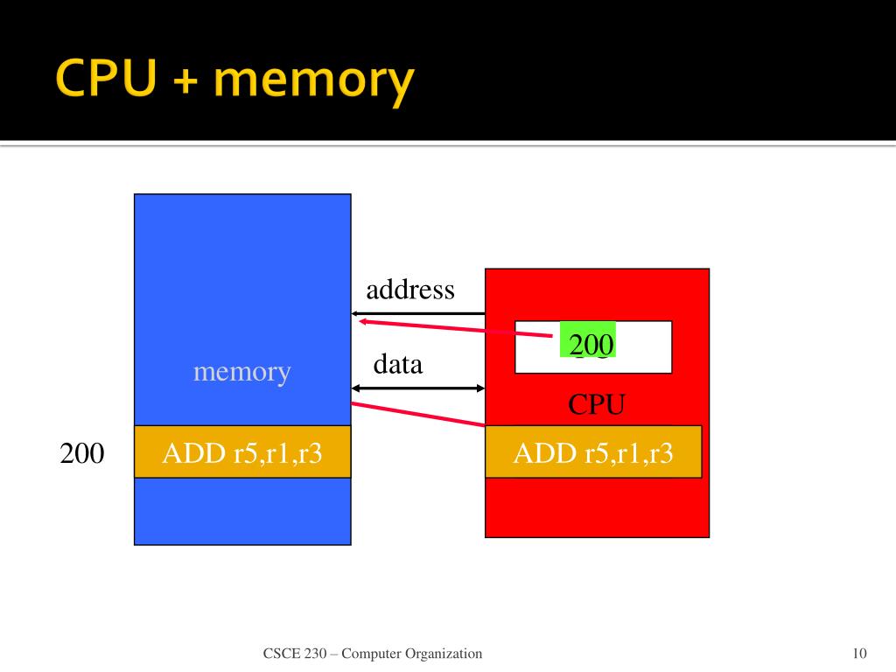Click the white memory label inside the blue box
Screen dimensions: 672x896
pyautogui.click(x=241, y=372)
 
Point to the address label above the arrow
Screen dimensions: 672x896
pyautogui.click(x=410, y=290)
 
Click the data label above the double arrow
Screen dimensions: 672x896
pyautogui.click(x=398, y=364)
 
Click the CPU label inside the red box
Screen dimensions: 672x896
pyautogui.click(x=597, y=404)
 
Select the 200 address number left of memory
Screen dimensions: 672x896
pyautogui.click(x=82, y=453)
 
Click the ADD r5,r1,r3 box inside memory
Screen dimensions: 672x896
pyautogui.click(x=242, y=451)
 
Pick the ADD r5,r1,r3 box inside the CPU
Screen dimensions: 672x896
pyautogui.click(x=593, y=451)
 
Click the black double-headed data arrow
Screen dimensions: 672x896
pyautogui.click(x=418, y=388)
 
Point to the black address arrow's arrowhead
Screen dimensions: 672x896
pyautogui.click(x=356, y=313)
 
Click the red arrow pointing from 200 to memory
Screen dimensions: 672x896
pyautogui.click(x=455, y=327)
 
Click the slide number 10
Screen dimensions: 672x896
pyautogui.click(x=858, y=654)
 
